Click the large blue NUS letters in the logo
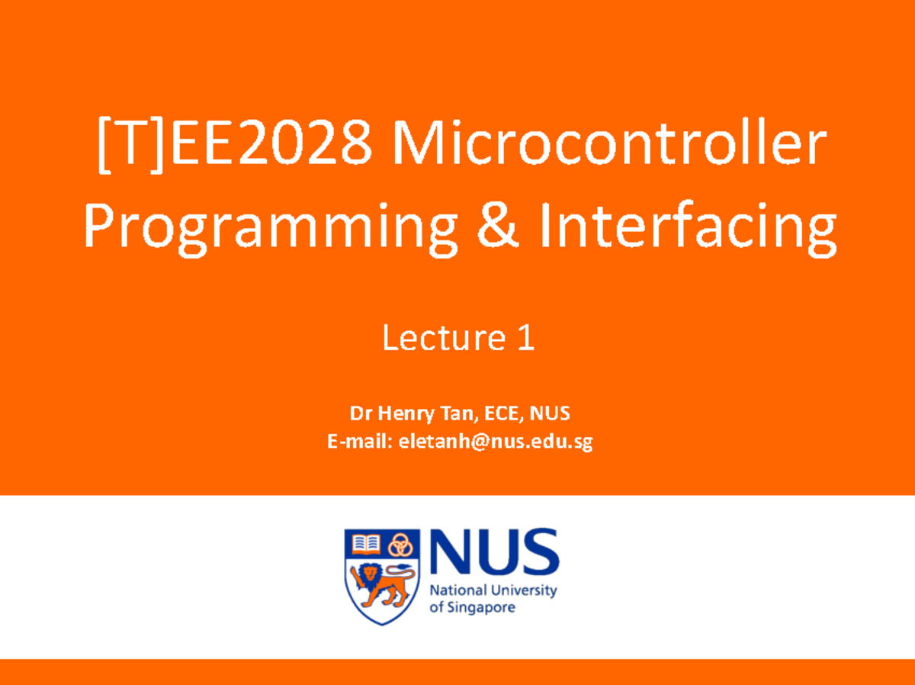pos(494,555)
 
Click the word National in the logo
pos(456,591)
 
